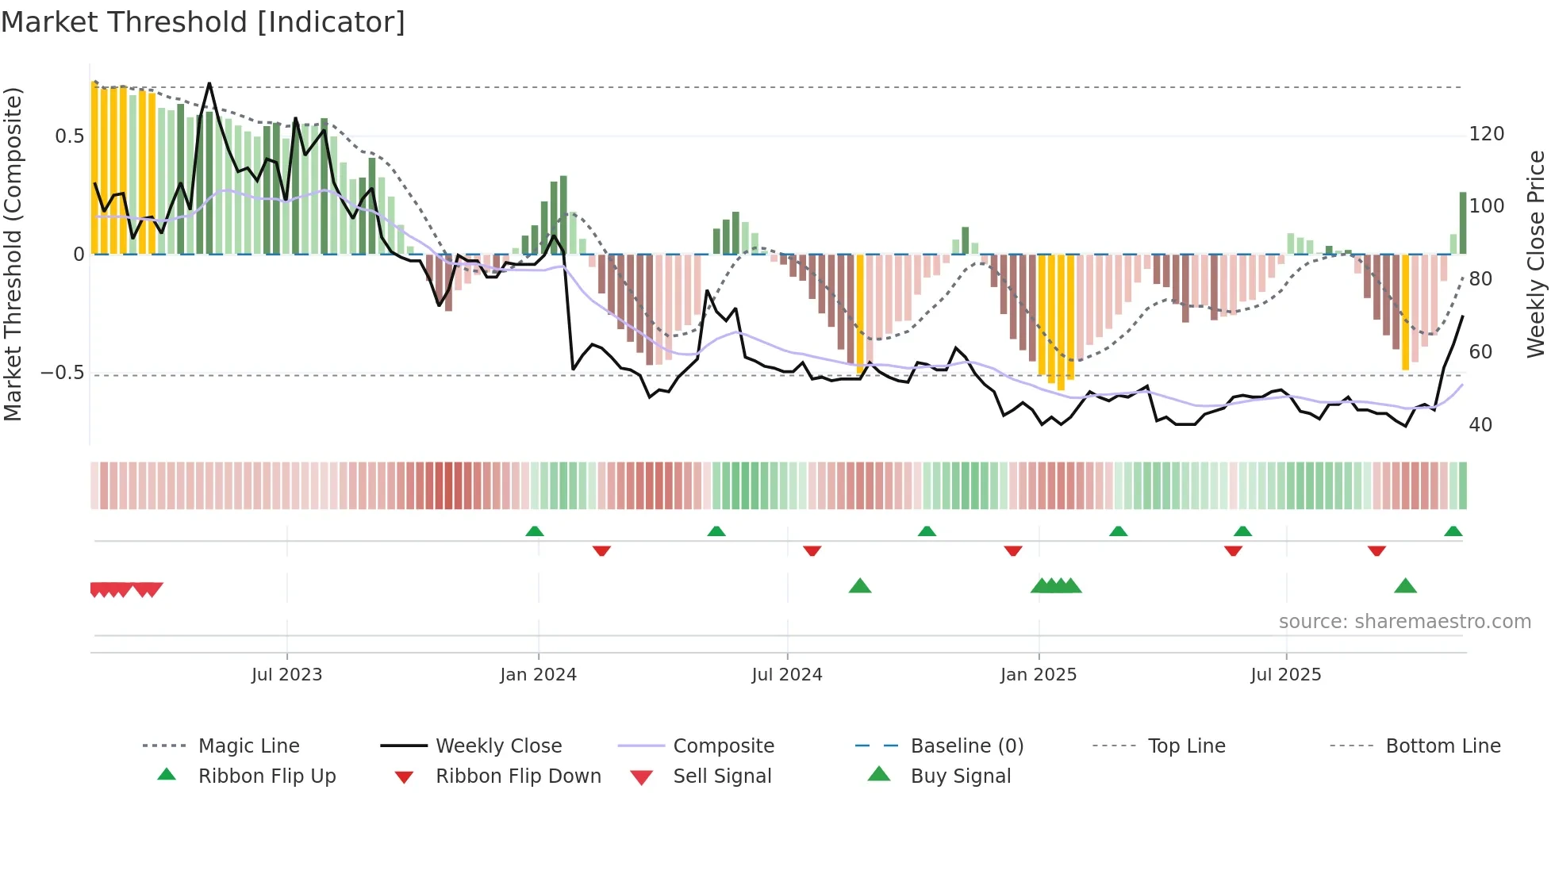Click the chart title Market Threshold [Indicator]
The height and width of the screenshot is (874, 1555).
pos(203,22)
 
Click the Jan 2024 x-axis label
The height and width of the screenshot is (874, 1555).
pos(538,675)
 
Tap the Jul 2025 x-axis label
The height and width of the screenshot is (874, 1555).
pos(1285,675)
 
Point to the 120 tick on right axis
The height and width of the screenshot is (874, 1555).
pos(1486,134)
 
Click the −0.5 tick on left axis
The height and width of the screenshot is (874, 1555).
pos(63,373)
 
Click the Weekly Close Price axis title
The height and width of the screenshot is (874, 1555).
pos(1536,254)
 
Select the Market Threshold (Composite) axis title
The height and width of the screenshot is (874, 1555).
pos(13,254)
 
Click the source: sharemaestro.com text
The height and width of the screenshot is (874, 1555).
pos(1404,622)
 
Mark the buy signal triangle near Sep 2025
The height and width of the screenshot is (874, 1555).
pos(1405,586)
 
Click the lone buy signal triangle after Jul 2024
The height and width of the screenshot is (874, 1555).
pos(860,586)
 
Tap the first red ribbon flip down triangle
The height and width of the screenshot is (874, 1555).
pos(601,550)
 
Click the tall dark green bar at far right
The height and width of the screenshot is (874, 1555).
pos(1463,223)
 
